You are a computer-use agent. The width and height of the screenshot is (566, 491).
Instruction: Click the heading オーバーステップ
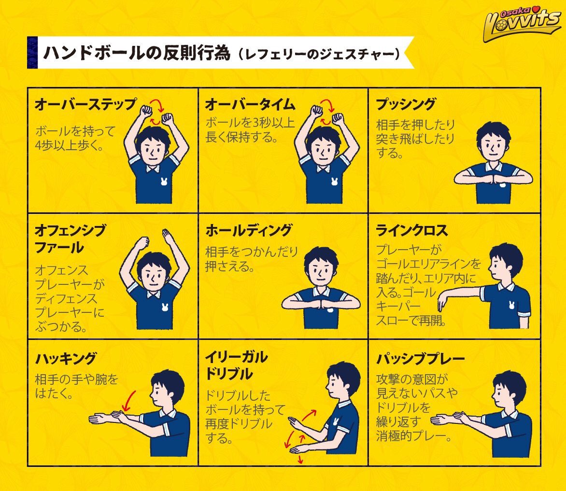click(85, 105)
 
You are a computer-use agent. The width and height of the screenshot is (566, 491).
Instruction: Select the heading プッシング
click(406, 105)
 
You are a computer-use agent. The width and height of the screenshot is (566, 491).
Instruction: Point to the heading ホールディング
click(249, 230)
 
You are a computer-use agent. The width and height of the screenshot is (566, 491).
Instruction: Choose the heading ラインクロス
click(411, 230)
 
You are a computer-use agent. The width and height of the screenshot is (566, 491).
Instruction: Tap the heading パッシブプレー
click(420, 359)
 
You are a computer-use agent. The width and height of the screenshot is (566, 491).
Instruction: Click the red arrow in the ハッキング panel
click(127, 400)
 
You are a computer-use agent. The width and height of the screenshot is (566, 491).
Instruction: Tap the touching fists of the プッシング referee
click(493, 178)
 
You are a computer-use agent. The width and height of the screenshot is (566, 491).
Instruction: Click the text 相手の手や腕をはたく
click(76, 387)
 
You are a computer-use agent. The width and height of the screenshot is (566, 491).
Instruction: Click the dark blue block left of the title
click(32, 52)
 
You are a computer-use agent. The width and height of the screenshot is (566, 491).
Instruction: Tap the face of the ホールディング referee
click(320, 273)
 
